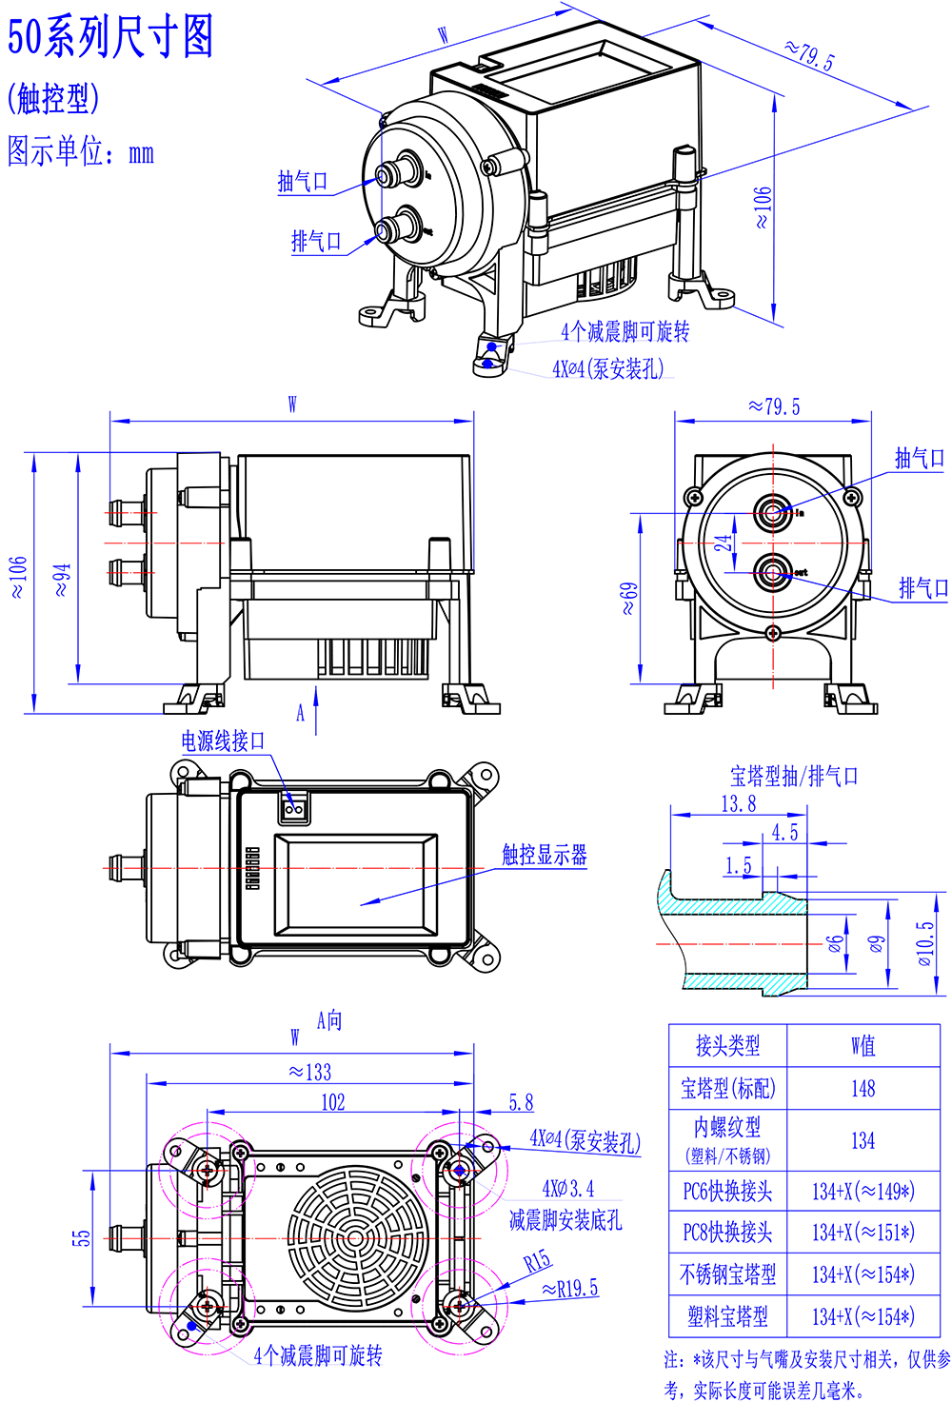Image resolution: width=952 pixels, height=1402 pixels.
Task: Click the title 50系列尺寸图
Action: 110,38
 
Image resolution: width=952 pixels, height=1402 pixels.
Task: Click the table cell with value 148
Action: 863,1088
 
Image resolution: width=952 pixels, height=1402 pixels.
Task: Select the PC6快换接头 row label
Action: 727,1191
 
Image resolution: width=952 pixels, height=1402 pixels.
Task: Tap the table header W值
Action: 863,1046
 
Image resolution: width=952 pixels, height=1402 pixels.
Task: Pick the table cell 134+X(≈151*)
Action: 863,1233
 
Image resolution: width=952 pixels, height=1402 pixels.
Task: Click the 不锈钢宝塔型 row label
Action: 727,1274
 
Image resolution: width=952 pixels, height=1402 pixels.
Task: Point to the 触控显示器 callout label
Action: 545,855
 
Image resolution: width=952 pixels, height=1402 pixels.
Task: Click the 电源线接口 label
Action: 224,740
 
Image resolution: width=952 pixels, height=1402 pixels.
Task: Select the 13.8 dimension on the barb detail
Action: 738,804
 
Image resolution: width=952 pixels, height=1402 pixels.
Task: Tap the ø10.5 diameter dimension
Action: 924,943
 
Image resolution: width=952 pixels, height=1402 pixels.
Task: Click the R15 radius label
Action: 537,1262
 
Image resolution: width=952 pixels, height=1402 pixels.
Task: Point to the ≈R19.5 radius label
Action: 570,1289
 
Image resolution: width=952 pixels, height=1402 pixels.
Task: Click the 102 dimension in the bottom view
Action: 333,1102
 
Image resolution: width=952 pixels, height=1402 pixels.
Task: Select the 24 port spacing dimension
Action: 724,543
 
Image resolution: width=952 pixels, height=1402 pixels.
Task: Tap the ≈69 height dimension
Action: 629,598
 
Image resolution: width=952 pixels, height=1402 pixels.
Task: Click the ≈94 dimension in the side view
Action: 62,580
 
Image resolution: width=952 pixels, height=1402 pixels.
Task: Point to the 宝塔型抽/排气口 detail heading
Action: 794,777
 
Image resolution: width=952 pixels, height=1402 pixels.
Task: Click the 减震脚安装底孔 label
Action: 565,1220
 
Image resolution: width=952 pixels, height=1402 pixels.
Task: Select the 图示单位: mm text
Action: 80,152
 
